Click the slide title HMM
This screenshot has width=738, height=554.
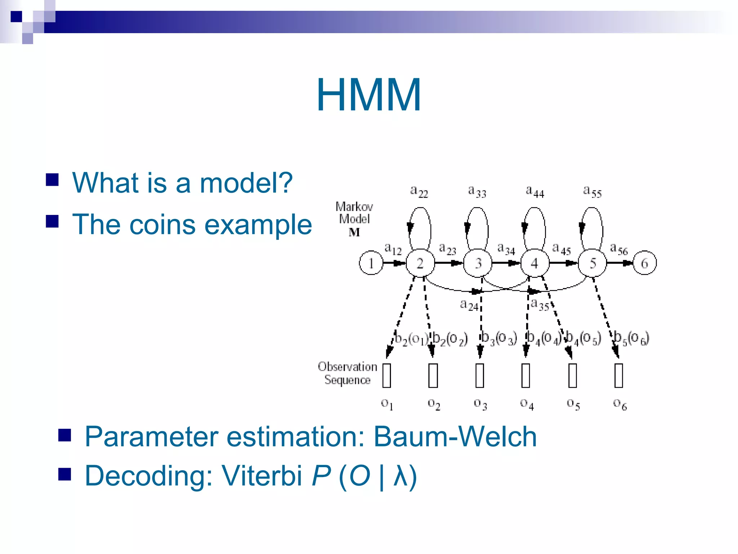tap(369, 95)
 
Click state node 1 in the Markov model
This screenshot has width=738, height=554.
tap(371, 263)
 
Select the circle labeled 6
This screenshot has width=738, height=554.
tap(644, 263)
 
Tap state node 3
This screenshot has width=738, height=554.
tap(478, 263)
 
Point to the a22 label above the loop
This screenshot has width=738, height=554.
tap(419, 191)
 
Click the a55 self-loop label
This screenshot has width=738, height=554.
tap(592, 191)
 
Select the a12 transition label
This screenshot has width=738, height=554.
tap(392, 249)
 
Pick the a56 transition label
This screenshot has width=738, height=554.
tap(618, 249)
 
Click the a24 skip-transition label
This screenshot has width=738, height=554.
tap(469, 305)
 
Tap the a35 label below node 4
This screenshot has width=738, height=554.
tap(539, 305)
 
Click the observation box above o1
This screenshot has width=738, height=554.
tap(387, 375)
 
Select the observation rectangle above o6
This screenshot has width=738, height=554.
tap(619, 375)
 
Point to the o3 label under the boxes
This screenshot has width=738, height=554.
tap(480, 404)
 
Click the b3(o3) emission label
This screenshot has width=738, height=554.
tap(499, 338)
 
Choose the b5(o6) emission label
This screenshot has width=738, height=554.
tap(631, 338)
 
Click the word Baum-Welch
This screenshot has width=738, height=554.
tap(455, 437)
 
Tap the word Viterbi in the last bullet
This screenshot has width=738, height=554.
tap(262, 476)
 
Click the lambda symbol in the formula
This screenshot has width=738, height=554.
tap(400, 476)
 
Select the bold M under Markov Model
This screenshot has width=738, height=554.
tap(354, 233)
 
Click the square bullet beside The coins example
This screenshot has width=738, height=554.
tap(52, 221)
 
